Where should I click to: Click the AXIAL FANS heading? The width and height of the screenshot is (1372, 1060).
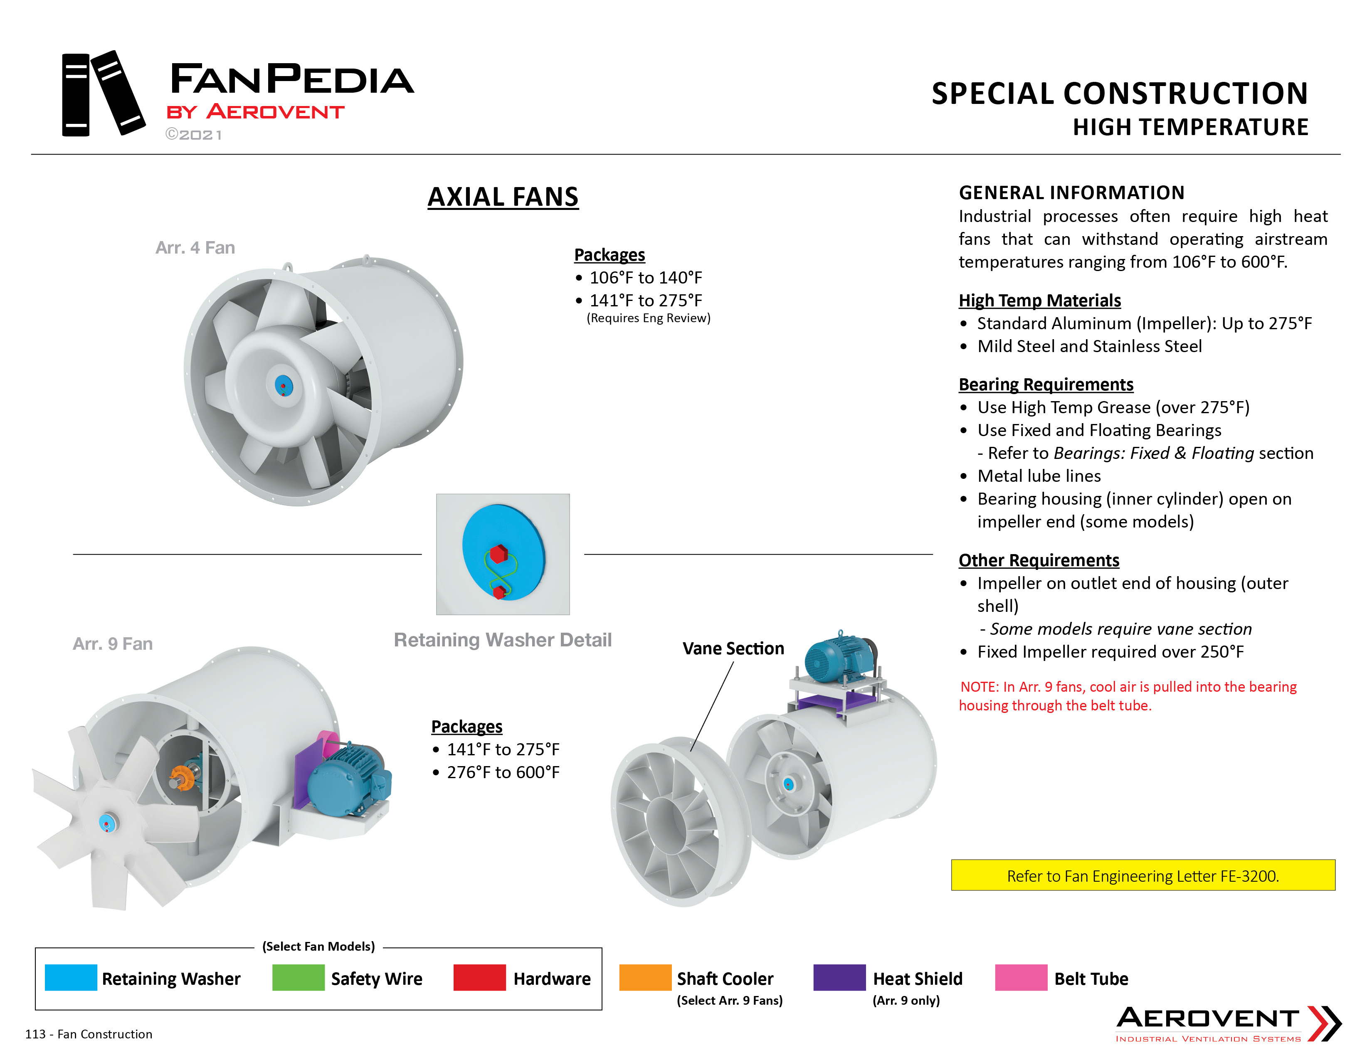pyautogui.click(x=503, y=197)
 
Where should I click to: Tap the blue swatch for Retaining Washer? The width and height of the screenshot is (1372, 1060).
pyautogui.click(x=71, y=977)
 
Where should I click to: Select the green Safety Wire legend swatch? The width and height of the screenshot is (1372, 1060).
pyautogui.click(x=299, y=977)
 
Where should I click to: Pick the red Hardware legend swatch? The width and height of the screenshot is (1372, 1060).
pyautogui.click(x=479, y=977)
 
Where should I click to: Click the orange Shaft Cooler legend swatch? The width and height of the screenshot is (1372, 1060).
pyautogui.click(x=645, y=977)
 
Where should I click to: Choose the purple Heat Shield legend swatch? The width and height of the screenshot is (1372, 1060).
pyautogui.click(x=839, y=977)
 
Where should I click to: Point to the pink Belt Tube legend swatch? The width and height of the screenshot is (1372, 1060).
pyautogui.click(x=1021, y=977)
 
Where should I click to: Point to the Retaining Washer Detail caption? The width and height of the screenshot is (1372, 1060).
pyautogui.click(x=503, y=639)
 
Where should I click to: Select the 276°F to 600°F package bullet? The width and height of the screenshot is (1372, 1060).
pyautogui.click(x=496, y=772)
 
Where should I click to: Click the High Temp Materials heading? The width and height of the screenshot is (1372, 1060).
pyautogui.click(x=1040, y=300)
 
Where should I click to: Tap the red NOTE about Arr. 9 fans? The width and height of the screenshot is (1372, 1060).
pyautogui.click(x=1128, y=696)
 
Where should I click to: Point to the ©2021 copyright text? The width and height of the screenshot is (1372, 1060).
pyautogui.click(x=193, y=134)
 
